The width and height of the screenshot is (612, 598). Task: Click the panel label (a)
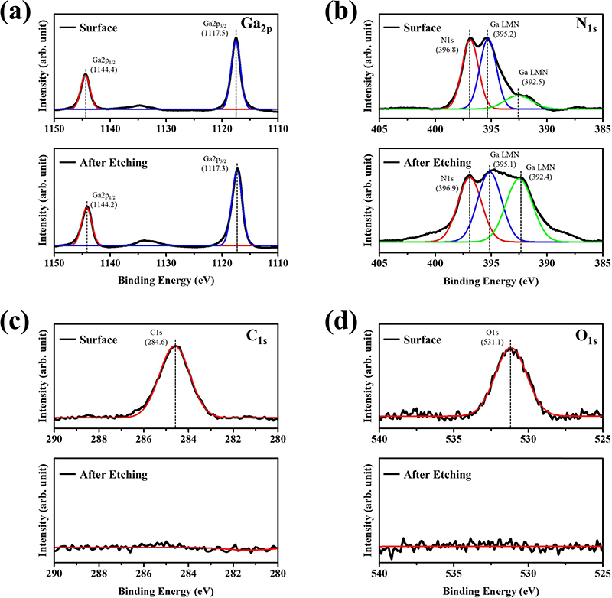pos(17,12)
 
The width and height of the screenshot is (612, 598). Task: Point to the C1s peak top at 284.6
pos(176,346)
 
